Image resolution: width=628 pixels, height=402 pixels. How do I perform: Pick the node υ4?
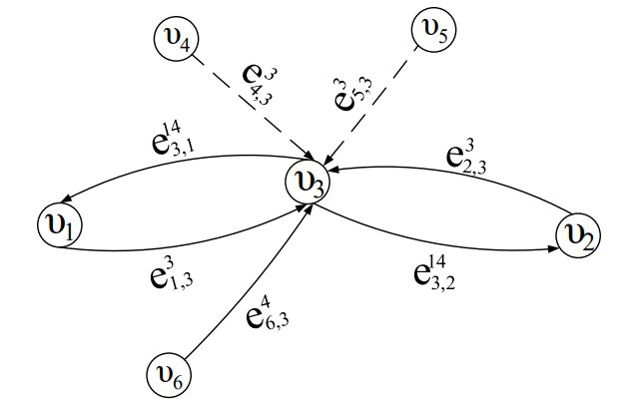[175, 41]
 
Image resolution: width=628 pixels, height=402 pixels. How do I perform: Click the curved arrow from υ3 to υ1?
[170, 159]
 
